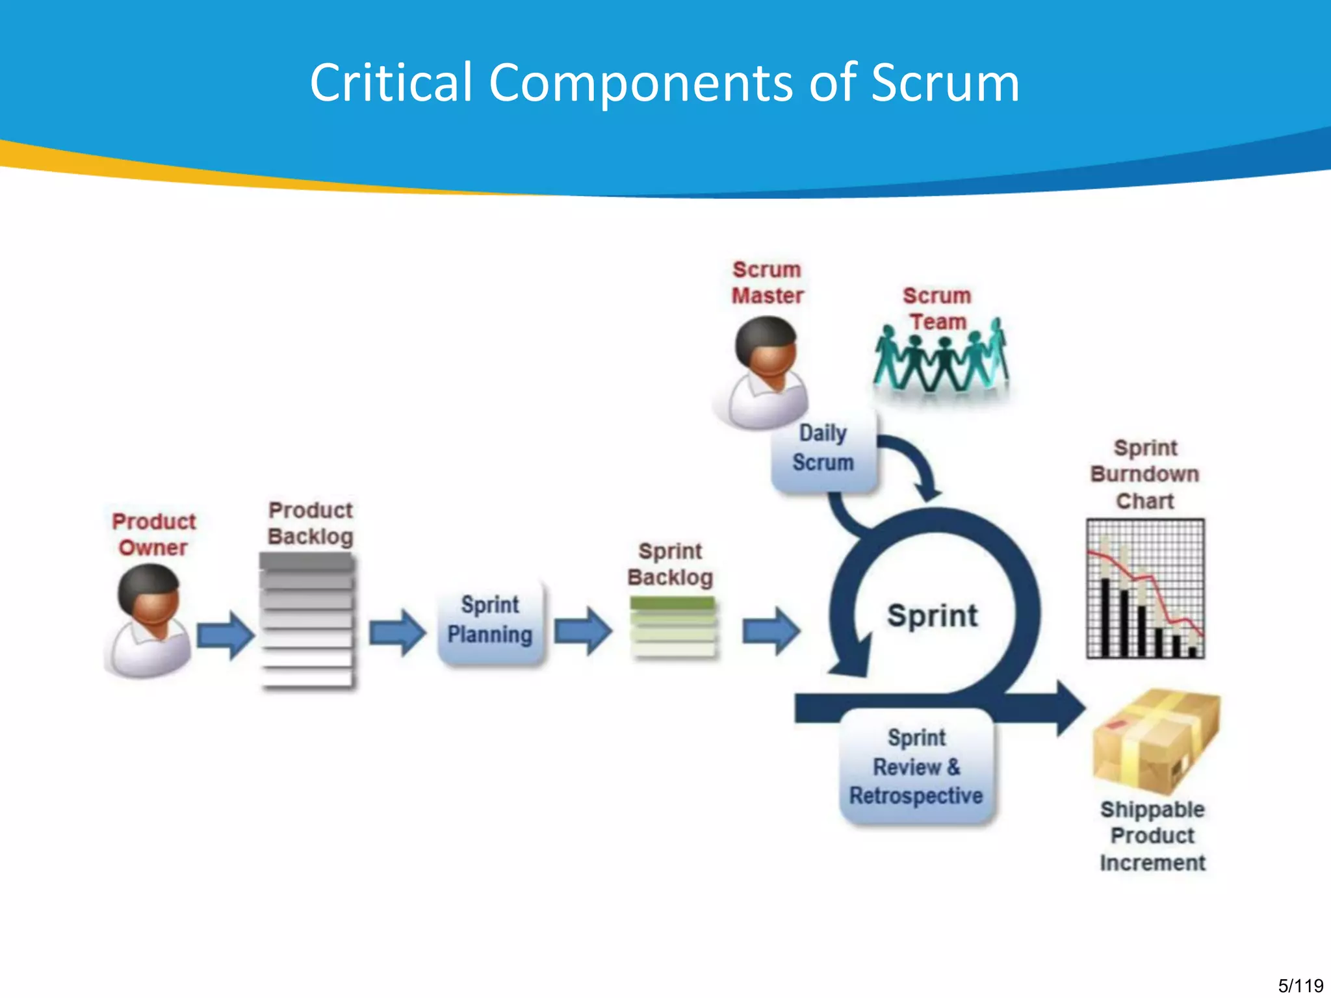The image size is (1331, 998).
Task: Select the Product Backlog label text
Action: point(311,523)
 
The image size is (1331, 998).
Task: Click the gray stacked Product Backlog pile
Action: point(307,621)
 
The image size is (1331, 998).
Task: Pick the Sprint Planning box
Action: point(491,621)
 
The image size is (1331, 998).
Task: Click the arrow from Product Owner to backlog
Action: point(225,635)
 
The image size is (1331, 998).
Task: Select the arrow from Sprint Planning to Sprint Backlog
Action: point(582,630)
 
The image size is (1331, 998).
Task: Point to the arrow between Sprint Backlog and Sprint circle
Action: point(771,630)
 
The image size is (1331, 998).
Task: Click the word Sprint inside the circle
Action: point(933,615)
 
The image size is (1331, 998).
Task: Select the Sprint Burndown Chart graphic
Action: point(1145,589)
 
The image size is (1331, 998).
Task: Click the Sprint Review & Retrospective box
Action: point(917,767)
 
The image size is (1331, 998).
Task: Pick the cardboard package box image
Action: point(1156,741)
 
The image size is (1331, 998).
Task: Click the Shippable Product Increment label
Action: point(1152,836)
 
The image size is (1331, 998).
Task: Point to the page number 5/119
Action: point(1300,986)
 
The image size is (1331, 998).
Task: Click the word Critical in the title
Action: point(391,83)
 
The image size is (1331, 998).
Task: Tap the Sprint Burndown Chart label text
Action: point(1145,474)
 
